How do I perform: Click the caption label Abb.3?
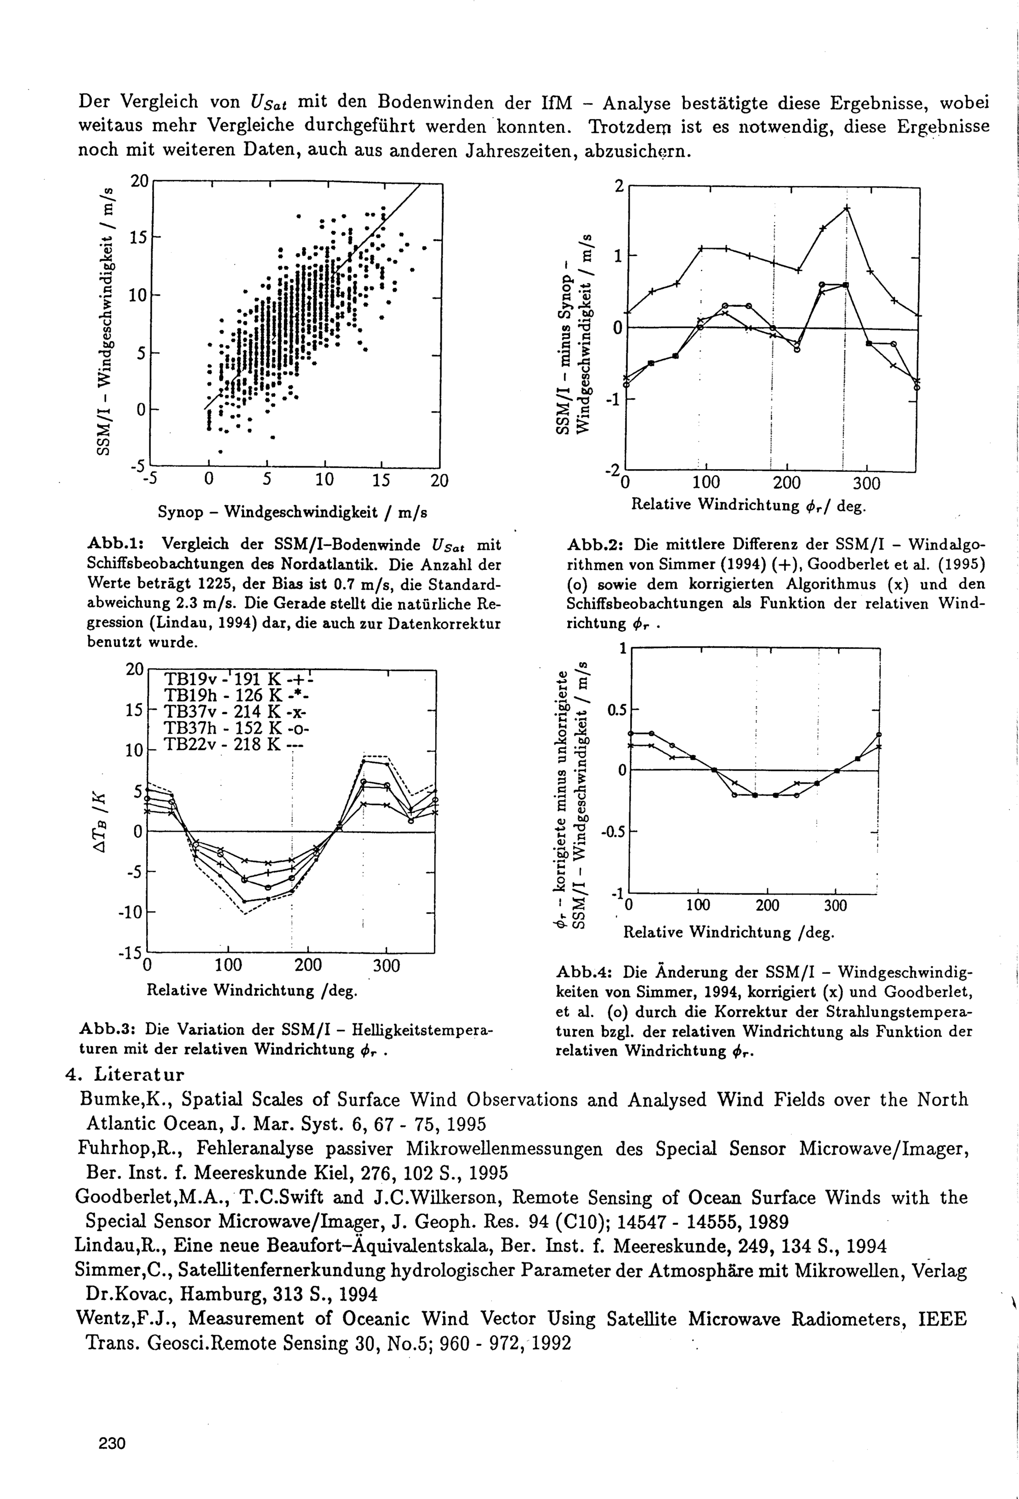(x=109, y=1028)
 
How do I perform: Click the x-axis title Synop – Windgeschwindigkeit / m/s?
(x=292, y=512)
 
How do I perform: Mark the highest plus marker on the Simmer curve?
(x=847, y=208)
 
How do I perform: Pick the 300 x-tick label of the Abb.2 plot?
(x=867, y=484)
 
